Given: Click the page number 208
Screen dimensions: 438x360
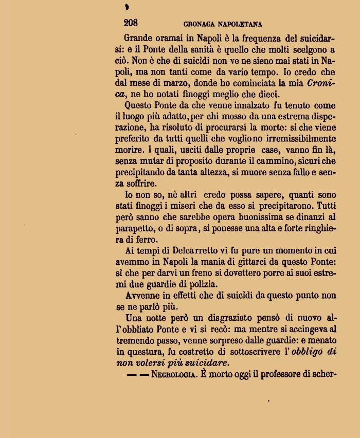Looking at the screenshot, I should point(131,23).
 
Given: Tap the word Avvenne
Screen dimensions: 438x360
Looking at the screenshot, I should point(143,296).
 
